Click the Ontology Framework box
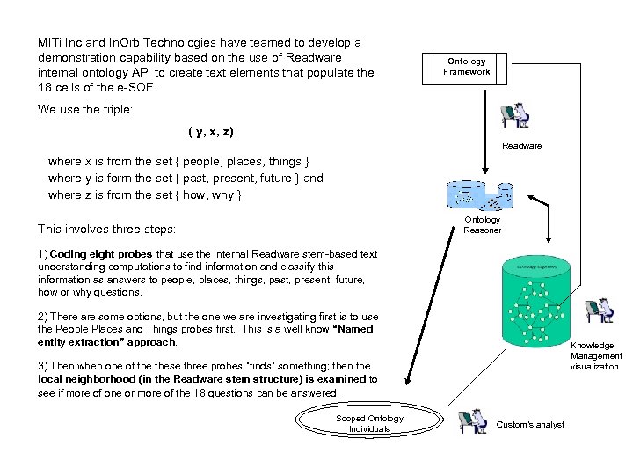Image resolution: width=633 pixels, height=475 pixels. point(466,68)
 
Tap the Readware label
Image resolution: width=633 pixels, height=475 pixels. point(521,145)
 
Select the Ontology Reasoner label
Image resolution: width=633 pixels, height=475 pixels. point(482,225)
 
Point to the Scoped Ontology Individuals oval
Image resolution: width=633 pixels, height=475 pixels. point(369,423)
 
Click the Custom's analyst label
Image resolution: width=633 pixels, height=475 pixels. point(530,425)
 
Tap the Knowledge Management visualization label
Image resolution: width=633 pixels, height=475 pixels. point(595,356)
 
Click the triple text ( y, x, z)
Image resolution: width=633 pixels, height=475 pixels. point(211,132)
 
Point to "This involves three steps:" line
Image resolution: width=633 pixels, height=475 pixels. point(106,229)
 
